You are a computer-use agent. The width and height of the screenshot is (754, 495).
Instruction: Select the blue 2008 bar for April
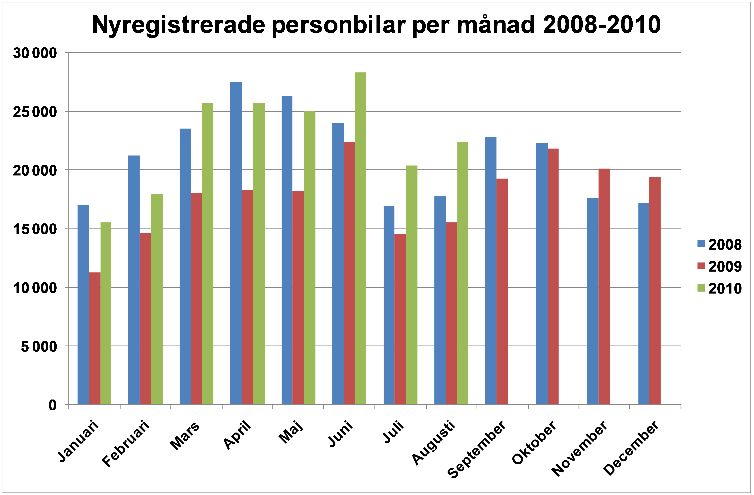(236, 243)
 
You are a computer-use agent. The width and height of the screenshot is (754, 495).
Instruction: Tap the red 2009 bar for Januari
(95, 338)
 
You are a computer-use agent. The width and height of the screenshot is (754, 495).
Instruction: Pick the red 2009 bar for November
(604, 286)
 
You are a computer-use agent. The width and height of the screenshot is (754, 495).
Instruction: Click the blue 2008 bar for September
(491, 271)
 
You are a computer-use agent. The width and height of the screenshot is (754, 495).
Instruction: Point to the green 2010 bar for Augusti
(462, 273)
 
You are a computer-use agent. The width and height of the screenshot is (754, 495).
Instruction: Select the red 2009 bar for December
(655, 291)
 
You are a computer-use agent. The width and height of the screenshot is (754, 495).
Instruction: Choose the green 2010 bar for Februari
(157, 299)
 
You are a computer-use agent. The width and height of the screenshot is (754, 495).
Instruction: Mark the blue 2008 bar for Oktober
(542, 274)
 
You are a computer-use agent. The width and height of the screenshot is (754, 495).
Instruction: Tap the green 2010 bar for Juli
(412, 285)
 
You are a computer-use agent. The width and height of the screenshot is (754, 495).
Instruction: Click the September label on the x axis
(477, 449)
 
